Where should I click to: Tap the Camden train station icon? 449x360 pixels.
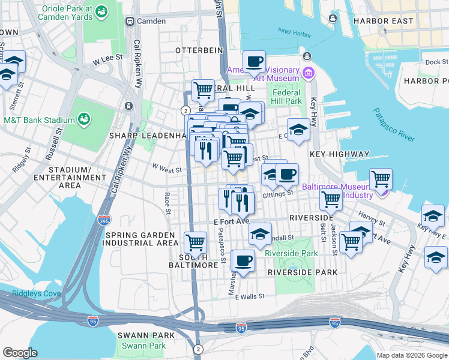[x=129, y=21]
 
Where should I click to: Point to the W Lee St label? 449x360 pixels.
[x=107, y=57]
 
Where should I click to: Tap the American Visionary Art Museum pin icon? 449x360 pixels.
[x=309, y=74]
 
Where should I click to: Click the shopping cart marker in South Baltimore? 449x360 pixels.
[x=195, y=242]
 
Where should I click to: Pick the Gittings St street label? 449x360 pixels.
[x=278, y=193]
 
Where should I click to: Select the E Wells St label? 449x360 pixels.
[x=250, y=296]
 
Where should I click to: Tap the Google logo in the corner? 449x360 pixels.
[x=20, y=352]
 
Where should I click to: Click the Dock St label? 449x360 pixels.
[x=432, y=62]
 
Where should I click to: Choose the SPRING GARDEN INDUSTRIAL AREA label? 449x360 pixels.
[x=142, y=239]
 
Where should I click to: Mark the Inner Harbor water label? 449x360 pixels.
[x=292, y=31]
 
